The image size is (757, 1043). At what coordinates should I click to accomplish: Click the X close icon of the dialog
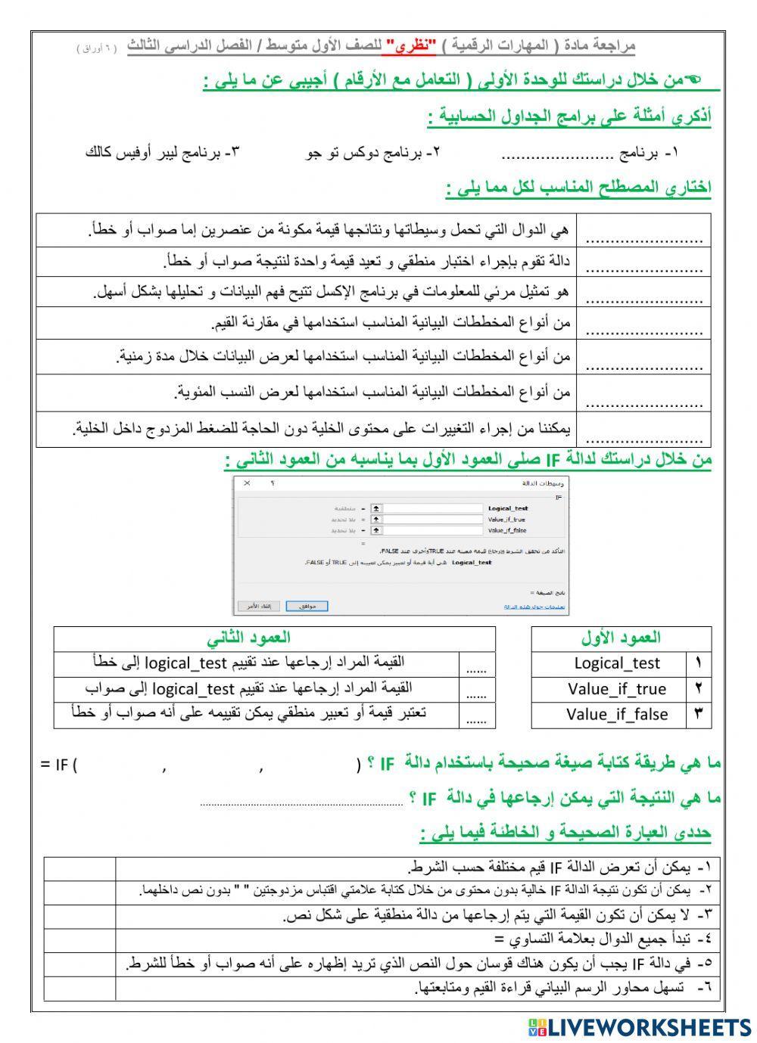248,483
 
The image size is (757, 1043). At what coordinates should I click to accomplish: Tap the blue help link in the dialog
535,607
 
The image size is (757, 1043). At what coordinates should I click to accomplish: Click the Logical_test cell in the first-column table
617,663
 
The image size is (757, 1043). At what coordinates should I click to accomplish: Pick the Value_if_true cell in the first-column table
617,689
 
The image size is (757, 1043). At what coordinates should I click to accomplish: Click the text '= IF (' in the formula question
59,764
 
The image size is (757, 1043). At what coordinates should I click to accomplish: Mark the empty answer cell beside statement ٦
79,988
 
